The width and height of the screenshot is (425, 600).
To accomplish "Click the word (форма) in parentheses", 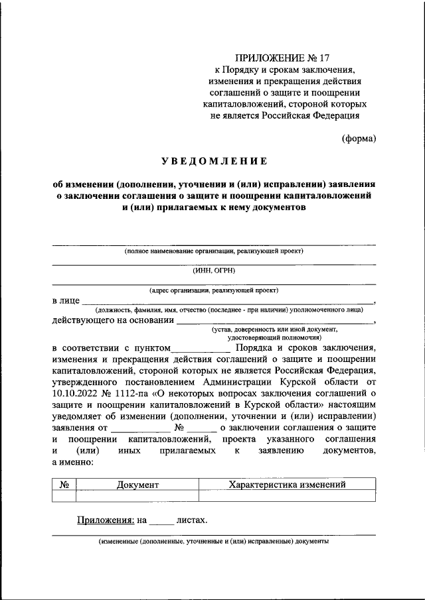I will (359, 139).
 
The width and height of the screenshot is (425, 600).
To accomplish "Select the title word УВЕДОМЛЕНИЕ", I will (213, 161).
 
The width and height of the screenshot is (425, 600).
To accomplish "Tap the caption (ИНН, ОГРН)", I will (214, 270).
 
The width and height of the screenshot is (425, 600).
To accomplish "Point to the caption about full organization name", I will (214, 251).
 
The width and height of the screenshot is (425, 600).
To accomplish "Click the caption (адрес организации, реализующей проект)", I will (214, 290).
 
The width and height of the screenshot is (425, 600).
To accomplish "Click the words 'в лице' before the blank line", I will (66, 300).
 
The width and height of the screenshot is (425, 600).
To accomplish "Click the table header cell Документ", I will (137, 485).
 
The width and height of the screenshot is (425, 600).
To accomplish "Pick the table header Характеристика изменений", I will (287, 485).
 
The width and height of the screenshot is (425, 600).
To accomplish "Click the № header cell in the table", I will (64, 485).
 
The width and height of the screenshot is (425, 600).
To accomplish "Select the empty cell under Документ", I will (137, 496).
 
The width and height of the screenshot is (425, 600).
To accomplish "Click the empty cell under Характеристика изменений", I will (287, 496).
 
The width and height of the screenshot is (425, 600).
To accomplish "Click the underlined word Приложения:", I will (108, 520).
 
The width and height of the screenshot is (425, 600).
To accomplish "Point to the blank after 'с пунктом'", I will (201, 347).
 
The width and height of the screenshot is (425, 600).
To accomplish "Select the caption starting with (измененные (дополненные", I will (214, 541).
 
